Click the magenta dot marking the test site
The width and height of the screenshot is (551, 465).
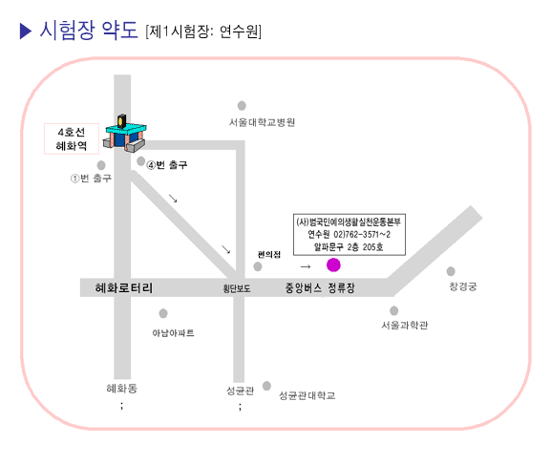point(333,264)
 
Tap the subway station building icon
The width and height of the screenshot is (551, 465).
point(125,134)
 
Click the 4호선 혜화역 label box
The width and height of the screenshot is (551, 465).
point(72,138)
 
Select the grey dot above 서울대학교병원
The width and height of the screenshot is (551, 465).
point(242,105)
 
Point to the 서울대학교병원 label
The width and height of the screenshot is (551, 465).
point(262,122)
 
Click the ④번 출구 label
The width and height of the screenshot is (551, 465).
point(167,164)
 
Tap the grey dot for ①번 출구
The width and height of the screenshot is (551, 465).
point(101,165)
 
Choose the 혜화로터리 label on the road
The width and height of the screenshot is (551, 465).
point(124,287)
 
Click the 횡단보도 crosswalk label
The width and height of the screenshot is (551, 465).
point(237,288)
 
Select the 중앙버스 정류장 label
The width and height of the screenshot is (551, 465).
point(320,288)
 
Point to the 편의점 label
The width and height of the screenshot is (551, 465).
point(269,255)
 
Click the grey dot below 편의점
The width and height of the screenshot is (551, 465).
point(258,266)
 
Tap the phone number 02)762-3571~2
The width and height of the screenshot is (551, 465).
point(362,235)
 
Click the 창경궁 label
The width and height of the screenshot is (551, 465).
point(463,286)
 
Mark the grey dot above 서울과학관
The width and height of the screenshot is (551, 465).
point(394,310)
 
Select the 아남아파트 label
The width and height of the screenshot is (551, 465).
point(173,333)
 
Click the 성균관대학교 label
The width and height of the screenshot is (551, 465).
point(307,395)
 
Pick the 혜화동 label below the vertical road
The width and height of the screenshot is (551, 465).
point(121,389)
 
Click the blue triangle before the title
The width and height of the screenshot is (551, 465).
point(26,31)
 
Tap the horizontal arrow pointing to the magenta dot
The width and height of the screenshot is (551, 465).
point(306,266)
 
